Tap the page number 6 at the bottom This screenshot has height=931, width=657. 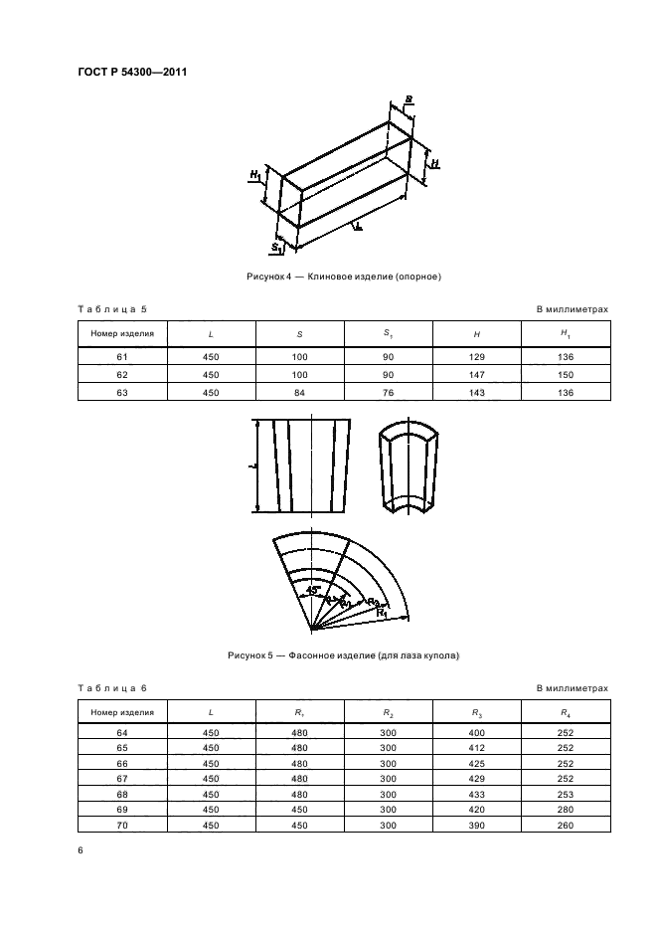point(81,851)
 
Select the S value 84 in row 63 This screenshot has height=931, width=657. point(300,391)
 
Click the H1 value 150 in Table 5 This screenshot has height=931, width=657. point(564,374)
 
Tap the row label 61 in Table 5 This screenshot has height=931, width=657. point(122,356)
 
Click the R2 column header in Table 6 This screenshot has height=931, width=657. point(388,712)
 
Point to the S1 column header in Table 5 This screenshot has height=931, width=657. point(388,333)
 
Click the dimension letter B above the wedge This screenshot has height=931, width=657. point(409,99)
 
